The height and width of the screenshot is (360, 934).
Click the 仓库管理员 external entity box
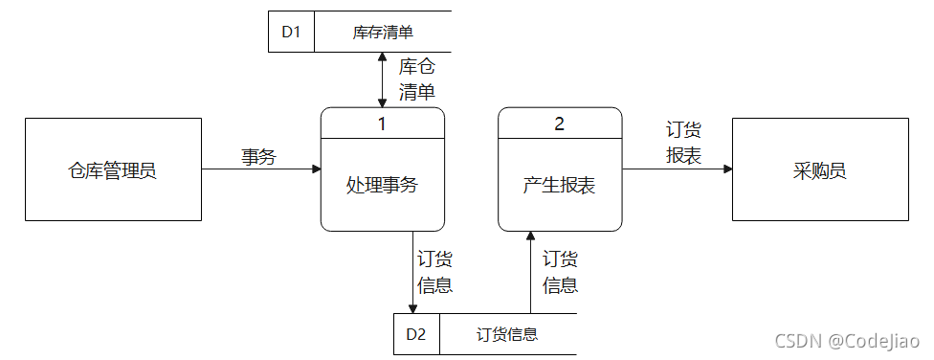112,169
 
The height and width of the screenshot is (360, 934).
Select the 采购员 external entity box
820,169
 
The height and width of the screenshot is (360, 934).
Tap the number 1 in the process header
382,123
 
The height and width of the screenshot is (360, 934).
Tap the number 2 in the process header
560,123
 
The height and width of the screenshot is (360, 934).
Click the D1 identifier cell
291,32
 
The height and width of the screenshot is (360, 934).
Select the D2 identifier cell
415,334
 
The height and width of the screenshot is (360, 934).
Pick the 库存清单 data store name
382,32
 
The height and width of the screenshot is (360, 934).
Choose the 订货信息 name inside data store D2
507,334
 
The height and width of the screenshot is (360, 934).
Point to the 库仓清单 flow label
416,79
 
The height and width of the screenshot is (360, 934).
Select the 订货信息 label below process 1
435,272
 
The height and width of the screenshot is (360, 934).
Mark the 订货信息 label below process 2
560,272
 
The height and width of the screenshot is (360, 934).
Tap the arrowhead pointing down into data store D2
412,308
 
